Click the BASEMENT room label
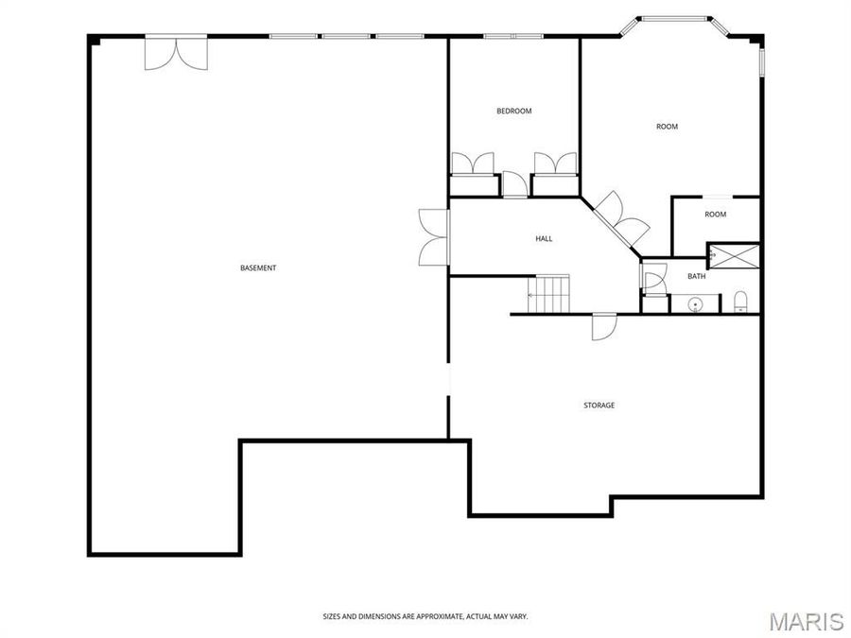pyautogui.click(x=258, y=268)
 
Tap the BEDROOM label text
pyautogui.click(x=513, y=112)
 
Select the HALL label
pyautogui.click(x=544, y=239)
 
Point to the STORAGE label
pyautogui.click(x=599, y=405)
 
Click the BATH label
pyautogui.click(x=696, y=277)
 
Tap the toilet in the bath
pyautogui.click(x=740, y=303)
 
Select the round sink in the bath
pyautogui.click(x=695, y=304)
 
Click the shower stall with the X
pyautogui.click(x=734, y=255)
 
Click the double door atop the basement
pyautogui.click(x=175, y=53)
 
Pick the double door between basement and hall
pyautogui.click(x=433, y=236)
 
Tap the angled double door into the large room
pyautogui.click(x=621, y=217)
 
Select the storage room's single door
pyautogui.click(x=603, y=326)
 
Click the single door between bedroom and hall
pyautogui.click(x=514, y=184)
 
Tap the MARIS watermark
pyautogui.click(x=806, y=621)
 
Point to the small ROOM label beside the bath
pyautogui.click(x=715, y=215)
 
